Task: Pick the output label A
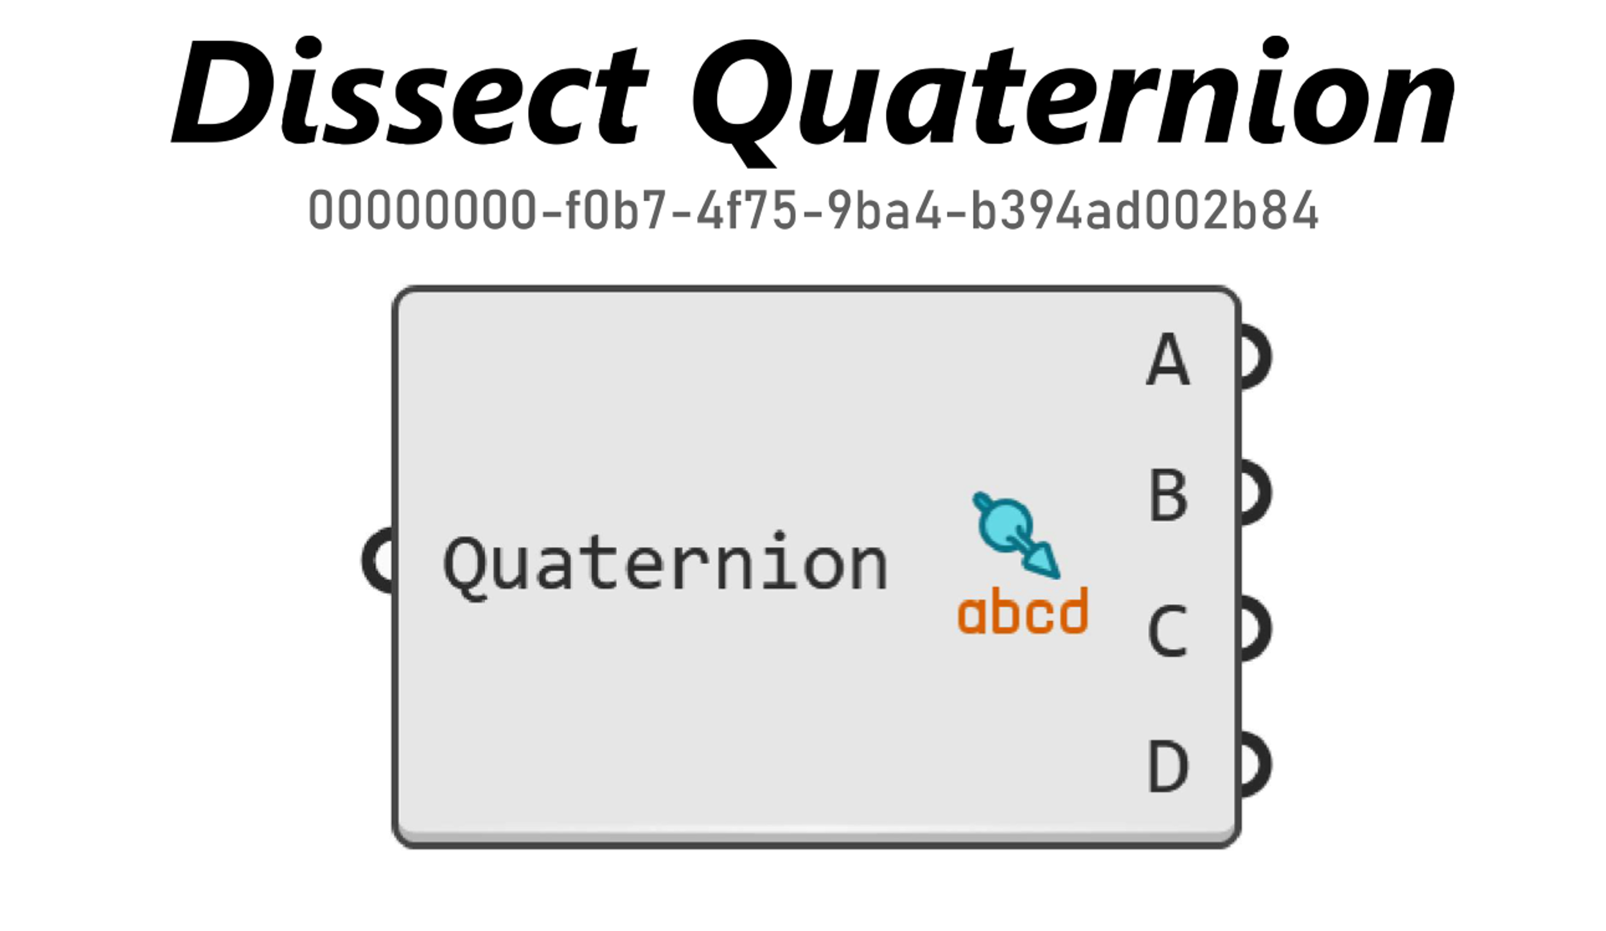click(x=1168, y=359)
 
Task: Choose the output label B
click(x=1168, y=494)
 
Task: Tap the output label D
click(x=1168, y=766)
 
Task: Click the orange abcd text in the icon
click(x=1023, y=611)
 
